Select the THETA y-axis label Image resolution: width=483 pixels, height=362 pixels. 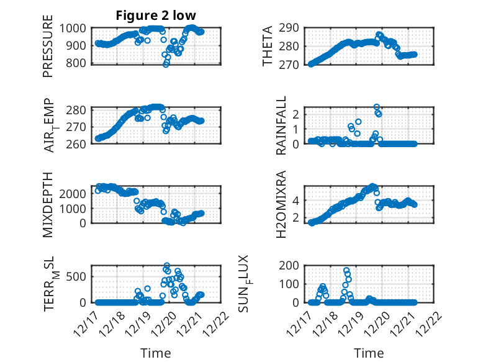coord(268,47)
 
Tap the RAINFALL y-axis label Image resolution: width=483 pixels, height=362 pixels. coord(281,125)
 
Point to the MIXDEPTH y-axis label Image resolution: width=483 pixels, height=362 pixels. coord(48,204)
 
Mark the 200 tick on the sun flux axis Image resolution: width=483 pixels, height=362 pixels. coord(294,266)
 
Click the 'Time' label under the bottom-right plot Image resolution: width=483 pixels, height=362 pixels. coord(369,353)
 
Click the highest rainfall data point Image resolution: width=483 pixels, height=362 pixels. coord(376,107)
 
